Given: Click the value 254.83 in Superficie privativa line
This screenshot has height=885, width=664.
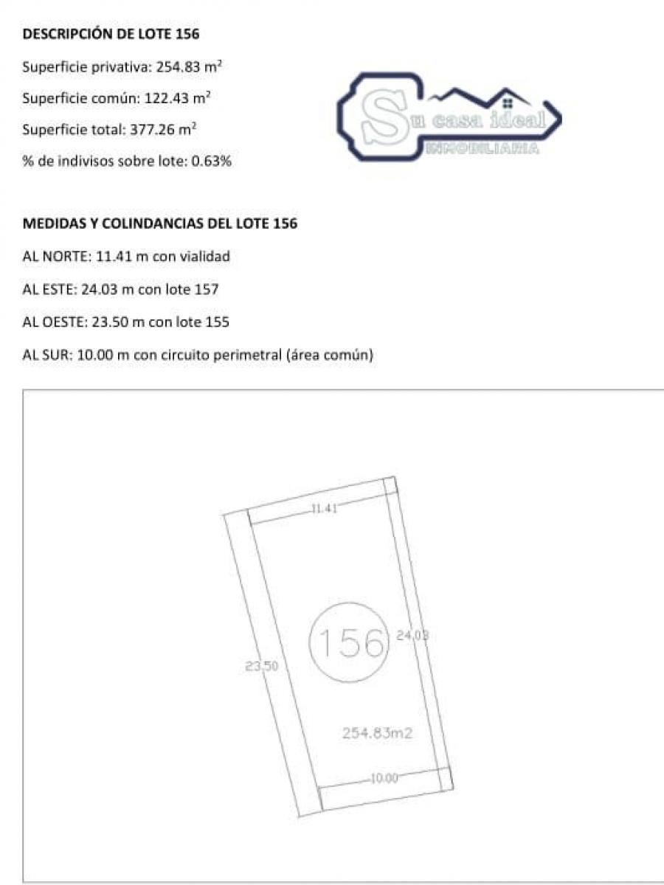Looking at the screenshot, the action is pyautogui.click(x=179, y=66).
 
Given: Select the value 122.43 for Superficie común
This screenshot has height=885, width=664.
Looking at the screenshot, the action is pyautogui.click(x=167, y=98).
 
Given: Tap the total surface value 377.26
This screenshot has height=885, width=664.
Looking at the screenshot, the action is pyautogui.click(x=152, y=129).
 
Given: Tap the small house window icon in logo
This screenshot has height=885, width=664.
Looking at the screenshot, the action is pyautogui.click(x=508, y=104).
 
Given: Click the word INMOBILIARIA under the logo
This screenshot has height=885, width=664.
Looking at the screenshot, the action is pyautogui.click(x=483, y=149).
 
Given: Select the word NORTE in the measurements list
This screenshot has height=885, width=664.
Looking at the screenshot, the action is pyautogui.click(x=67, y=257).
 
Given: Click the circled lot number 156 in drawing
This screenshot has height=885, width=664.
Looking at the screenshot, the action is pyautogui.click(x=349, y=642).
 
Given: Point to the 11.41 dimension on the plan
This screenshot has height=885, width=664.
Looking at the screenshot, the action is pyautogui.click(x=324, y=509).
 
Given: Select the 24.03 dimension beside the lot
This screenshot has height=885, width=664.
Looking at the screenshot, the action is pyautogui.click(x=412, y=636).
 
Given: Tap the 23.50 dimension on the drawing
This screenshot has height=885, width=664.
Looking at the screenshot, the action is pyautogui.click(x=262, y=666).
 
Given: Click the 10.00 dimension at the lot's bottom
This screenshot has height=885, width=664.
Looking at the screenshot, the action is pyautogui.click(x=384, y=778).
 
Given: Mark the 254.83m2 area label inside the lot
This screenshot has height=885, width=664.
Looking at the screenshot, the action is pyautogui.click(x=377, y=732).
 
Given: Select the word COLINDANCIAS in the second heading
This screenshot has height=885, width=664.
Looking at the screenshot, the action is pyautogui.click(x=153, y=223).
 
